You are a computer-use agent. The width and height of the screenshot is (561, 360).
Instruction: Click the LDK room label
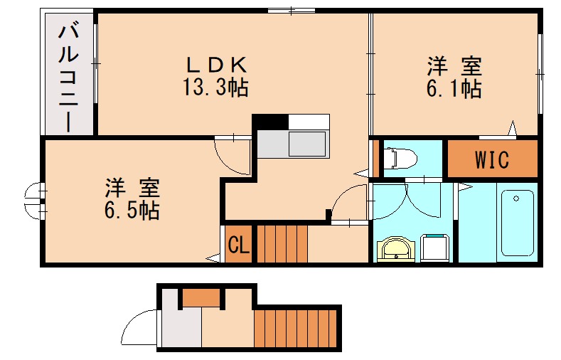(x=216, y=65)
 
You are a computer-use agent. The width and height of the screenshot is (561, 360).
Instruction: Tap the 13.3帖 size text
(x=216, y=88)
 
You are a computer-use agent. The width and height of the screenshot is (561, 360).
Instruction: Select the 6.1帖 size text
(x=454, y=89)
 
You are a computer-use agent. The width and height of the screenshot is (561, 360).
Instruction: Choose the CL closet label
(x=238, y=245)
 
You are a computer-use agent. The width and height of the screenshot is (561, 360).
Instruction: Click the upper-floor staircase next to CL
(x=282, y=243)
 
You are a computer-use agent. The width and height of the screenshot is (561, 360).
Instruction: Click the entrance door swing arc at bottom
(x=139, y=328)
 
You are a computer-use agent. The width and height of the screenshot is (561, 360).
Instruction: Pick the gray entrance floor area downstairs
(x=180, y=328)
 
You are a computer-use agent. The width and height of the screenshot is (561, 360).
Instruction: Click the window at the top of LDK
(x=292, y=11)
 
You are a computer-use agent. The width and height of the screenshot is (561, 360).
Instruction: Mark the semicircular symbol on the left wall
(x=32, y=201)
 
